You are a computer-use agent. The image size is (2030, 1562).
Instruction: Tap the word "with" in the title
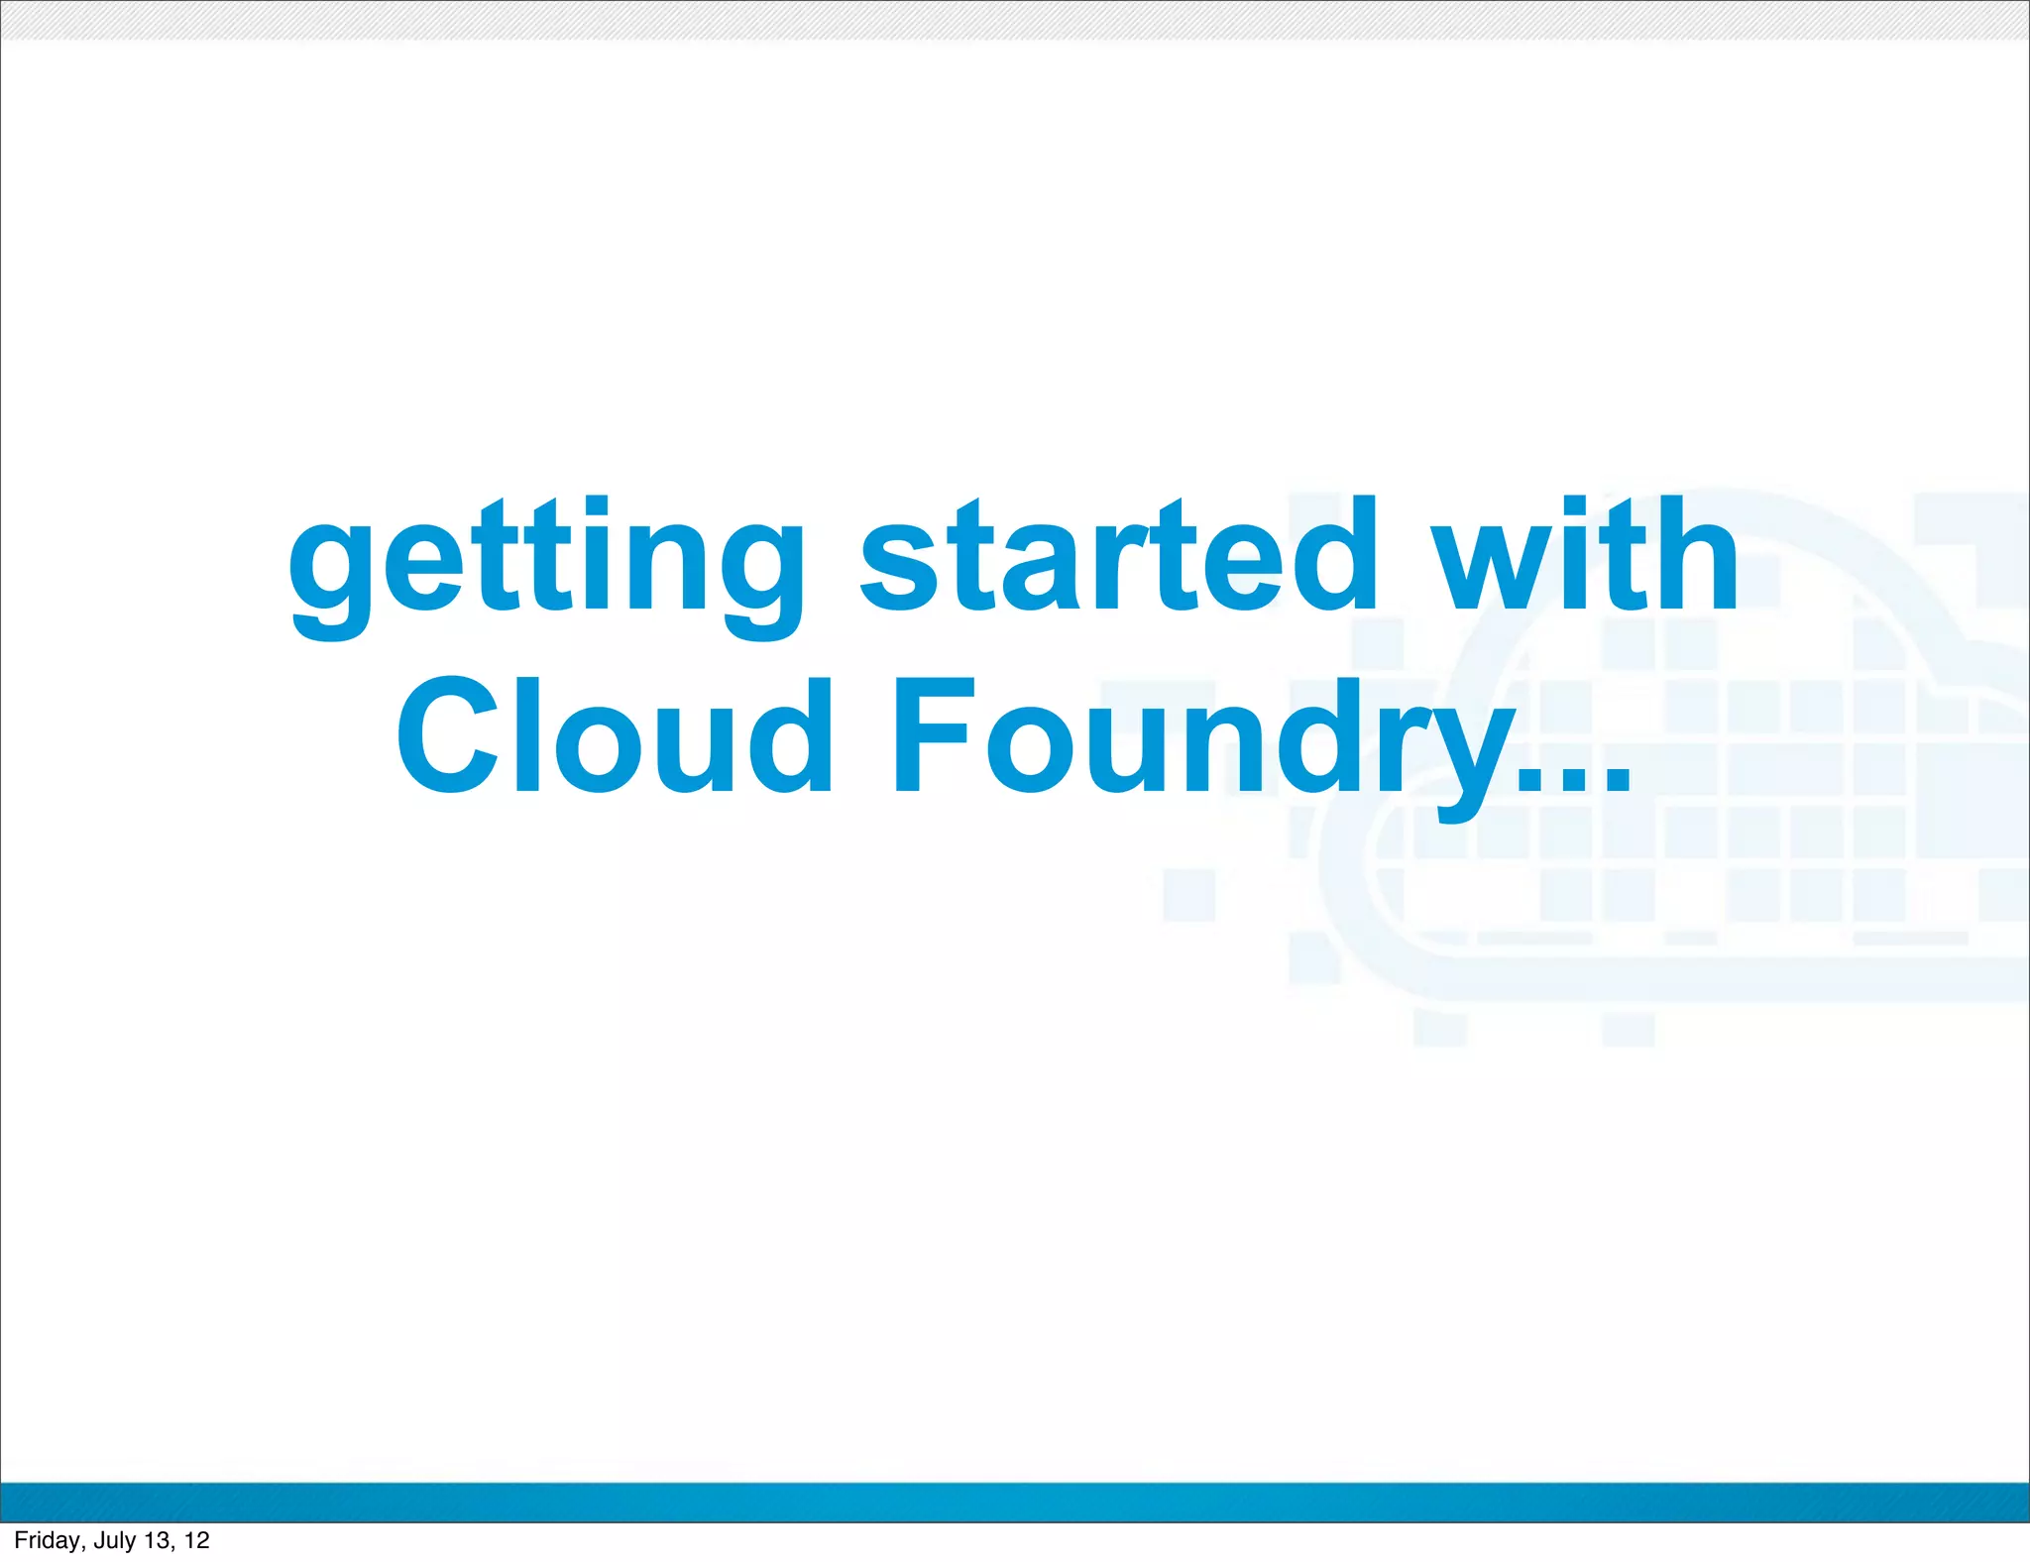1586,555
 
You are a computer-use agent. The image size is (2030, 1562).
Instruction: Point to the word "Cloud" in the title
615,735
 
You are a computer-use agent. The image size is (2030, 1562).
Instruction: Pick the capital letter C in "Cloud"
446,735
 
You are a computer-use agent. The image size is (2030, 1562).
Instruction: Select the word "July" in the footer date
115,1540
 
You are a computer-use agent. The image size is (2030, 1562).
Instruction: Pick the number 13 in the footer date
158,1540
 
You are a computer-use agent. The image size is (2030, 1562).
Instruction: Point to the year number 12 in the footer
197,1540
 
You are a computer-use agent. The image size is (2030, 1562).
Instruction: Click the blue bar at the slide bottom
1015,1502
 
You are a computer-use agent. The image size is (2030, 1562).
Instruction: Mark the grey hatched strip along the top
1015,20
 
